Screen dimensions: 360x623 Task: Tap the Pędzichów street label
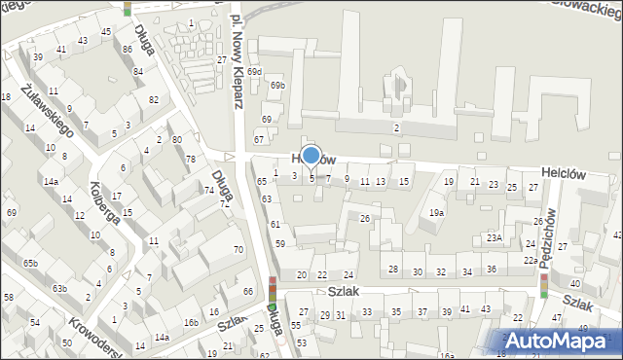point(550,233)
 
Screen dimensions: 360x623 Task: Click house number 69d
point(255,72)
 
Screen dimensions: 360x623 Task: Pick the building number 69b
point(278,86)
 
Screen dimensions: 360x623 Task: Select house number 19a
point(437,213)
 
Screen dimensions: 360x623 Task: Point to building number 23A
point(495,237)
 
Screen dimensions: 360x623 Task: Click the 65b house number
point(31,264)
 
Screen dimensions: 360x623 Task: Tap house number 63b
point(59,288)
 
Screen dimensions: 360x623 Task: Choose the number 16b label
point(192,323)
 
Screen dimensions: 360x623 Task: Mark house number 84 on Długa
point(138,71)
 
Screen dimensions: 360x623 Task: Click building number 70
point(238,250)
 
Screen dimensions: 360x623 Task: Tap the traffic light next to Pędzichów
point(544,285)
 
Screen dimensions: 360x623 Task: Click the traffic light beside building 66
point(274,288)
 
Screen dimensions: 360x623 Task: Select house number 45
point(105,32)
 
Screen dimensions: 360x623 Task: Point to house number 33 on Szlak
point(367,312)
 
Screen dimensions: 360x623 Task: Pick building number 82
point(154,100)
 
